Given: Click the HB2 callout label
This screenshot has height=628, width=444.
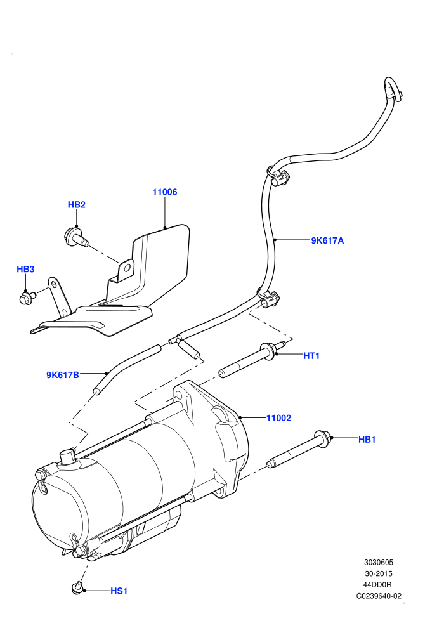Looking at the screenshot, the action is [x=77, y=205].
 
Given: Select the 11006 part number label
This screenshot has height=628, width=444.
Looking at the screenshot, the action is [x=164, y=192].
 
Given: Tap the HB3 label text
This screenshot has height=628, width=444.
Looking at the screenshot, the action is [x=25, y=269].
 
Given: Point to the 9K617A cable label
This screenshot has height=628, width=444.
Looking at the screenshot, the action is [x=327, y=240].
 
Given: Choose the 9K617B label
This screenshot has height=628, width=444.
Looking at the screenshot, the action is [x=62, y=376].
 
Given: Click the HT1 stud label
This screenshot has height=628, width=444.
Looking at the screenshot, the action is [x=311, y=356].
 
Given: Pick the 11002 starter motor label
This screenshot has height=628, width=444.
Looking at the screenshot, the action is [x=278, y=418].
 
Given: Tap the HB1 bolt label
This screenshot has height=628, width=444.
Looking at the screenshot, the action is [x=367, y=440].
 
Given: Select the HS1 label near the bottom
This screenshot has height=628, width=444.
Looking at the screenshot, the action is [x=119, y=591].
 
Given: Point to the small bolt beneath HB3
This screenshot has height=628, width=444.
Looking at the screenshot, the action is [x=25, y=298].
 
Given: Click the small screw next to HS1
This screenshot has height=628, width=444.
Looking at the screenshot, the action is [x=77, y=588].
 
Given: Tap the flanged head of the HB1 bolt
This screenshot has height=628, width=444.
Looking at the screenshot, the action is [x=322, y=438].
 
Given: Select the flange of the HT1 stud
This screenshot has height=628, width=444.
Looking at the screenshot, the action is [x=267, y=350].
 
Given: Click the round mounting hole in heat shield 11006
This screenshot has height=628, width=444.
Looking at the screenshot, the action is [x=127, y=266].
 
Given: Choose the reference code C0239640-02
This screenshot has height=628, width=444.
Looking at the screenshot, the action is [x=379, y=596].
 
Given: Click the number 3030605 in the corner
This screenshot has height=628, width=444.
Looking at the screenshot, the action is [x=379, y=562].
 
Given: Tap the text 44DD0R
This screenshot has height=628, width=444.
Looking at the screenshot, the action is [x=379, y=585].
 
